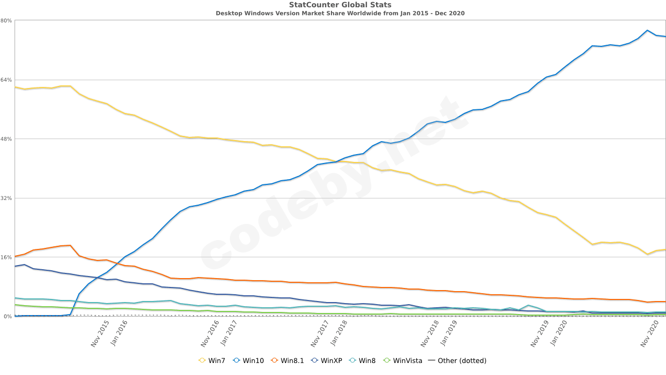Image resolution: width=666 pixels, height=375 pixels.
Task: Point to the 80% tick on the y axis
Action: coord(6,21)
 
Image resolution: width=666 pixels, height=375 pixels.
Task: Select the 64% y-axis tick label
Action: coord(6,80)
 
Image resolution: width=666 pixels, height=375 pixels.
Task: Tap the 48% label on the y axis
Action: coord(6,139)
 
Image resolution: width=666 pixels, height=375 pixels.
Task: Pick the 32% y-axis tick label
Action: coord(6,198)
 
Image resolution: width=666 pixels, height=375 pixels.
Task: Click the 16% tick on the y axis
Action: coord(6,257)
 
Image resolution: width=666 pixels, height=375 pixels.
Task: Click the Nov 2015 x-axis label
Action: coord(100,334)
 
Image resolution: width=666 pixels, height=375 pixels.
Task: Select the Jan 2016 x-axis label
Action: coord(119,333)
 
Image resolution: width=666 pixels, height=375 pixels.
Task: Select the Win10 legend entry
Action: coord(249,360)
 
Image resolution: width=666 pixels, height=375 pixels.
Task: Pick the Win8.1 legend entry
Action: coord(287,360)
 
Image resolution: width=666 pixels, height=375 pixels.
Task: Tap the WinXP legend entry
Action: coord(326,360)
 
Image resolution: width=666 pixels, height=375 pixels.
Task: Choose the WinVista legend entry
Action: coord(402,360)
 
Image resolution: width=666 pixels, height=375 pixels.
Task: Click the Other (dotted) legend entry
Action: coord(457,360)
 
